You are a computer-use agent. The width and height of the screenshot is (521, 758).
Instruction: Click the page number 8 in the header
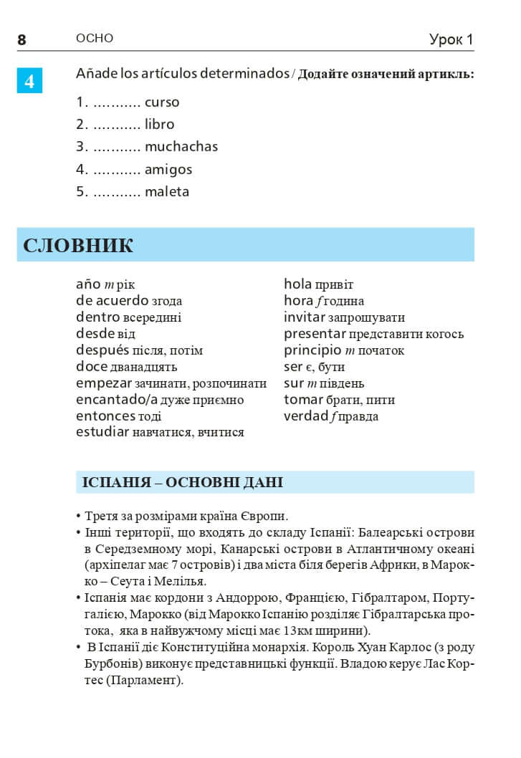pos(21,40)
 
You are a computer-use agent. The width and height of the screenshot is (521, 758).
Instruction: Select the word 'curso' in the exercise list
pos(162,102)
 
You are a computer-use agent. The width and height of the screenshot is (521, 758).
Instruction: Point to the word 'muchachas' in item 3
pos(181,147)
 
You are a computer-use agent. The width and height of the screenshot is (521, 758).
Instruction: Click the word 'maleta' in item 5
pos(167,192)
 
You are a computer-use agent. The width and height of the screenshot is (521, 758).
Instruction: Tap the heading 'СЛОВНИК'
pos(78,246)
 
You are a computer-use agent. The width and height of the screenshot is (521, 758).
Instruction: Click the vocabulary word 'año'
pos(88,284)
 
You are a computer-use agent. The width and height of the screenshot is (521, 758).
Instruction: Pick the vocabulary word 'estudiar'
pos(102,432)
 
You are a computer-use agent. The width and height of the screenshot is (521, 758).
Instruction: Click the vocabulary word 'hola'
pos(298,284)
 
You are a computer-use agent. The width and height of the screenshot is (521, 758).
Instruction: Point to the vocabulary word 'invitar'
pos(305,317)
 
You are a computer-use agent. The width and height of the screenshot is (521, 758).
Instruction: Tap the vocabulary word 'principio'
pos(312,350)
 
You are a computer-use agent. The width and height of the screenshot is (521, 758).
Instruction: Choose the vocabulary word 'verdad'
pos(306,416)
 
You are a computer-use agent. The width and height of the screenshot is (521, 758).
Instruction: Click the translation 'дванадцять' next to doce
pos(144,368)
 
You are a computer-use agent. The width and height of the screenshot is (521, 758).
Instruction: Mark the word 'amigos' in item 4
pos(168,170)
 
